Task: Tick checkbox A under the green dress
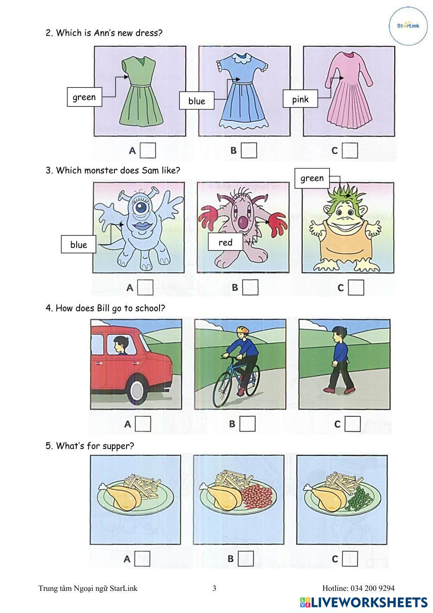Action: [148, 150]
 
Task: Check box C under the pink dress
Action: [350, 150]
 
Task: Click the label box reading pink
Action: [300, 98]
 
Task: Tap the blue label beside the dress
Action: [196, 101]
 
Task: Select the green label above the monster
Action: [312, 178]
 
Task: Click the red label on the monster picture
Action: [225, 242]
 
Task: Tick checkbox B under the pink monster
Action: [250, 287]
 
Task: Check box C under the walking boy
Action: [353, 423]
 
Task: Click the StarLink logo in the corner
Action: [408, 26]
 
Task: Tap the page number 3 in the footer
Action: [214, 588]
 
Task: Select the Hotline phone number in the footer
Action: [372, 588]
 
